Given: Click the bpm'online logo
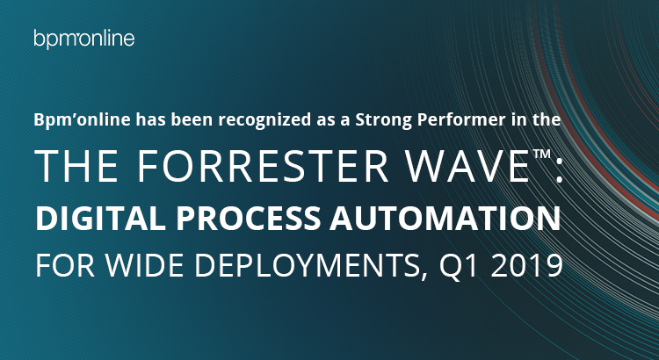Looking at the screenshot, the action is pyautogui.click(x=84, y=39).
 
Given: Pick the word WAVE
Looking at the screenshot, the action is pyautogui.click(x=467, y=166).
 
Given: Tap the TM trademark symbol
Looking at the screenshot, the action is pyautogui.click(x=542, y=154).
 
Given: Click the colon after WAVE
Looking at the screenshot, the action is pyautogui.click(x=559, y=174).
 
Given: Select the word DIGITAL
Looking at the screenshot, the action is pyautogui.click(x=100, y=219).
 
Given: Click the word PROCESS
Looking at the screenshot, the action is pyautogui.click(x=249, y=219).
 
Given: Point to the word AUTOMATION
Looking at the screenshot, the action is pyautogui.click(x=445, y=219).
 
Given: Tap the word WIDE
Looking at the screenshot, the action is pyautogui.click(x=145, y=265).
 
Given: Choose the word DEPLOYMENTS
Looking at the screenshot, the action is pyautogui.click(x=308, y=266).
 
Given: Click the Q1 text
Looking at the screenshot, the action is pyautogui.click(x=459, y=266).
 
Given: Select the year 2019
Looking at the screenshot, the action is pyautogui.click(x=526, y=265).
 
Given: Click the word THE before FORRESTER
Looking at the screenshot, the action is pyautogui.click(x=77, y=166).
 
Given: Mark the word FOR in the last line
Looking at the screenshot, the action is pyautogui.click(x=65, y=265).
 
